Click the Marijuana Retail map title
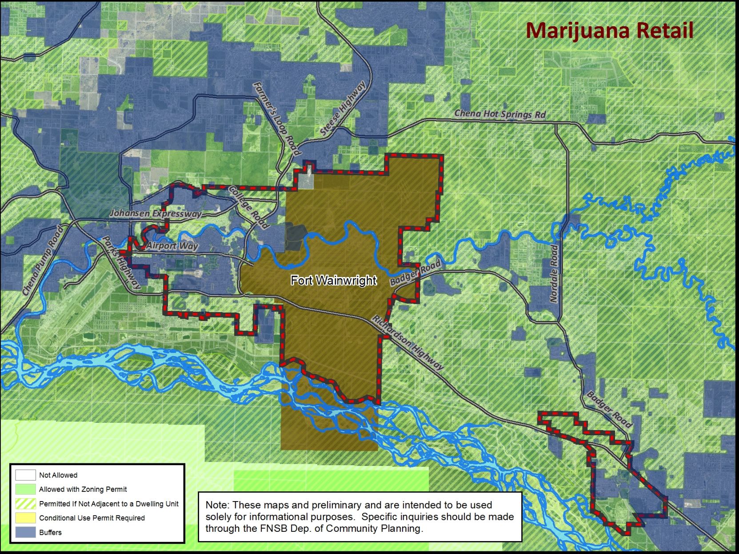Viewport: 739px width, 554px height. pyautogui.click(x=609, y=30)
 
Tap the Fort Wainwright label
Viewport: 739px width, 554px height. pyautogui.click(x=333, y=280)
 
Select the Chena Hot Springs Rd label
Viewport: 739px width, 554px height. pyautogui.click(x=499, y=114)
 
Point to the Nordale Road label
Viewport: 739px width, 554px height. pyautogui.click(x=554, y=273)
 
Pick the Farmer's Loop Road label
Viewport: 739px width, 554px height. pyautogui.click(x=277, y=119)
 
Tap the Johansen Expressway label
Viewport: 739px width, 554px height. pyautogui.click(x=155, y=214)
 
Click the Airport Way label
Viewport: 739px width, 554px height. pyautogui.click(x=172, y=245)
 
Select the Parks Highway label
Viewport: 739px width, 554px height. pyautogui.click(x=121, y=263)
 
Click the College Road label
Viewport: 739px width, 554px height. pyautogui.click(x=249, y=207)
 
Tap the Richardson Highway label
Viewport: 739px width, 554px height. pyautogui.click(x=407, y=342)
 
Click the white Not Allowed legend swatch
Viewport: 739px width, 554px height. pyautogui.click(x=25, y=475)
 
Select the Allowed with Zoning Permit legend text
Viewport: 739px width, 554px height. pyautogui.click(x=83, y=489)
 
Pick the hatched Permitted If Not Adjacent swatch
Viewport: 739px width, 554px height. pyautogui.click(x=25, y=503)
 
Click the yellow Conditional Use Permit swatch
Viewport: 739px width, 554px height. pyautogui.click(x=25, y=518)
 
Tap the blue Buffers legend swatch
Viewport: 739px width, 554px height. pyautogui.click(x=25, y=532)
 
